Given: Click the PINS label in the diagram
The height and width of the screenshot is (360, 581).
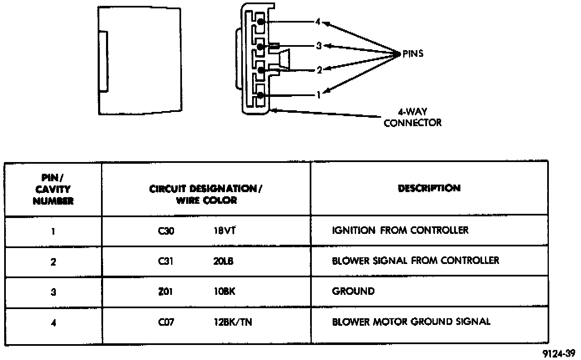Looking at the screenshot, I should (413, 54).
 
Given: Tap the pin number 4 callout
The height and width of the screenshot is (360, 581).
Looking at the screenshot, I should (318, 22).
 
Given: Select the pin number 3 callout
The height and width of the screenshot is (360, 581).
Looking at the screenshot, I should (319, 46).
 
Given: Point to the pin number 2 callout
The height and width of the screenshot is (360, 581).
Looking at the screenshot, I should (319, 70).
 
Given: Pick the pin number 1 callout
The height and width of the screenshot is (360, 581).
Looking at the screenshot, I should (318, 95).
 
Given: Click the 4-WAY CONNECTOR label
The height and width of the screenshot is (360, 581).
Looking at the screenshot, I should (412, 117).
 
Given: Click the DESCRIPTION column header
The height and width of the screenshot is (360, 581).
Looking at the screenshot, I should (429, 188).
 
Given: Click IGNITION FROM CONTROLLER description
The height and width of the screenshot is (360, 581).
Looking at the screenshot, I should (400, 230).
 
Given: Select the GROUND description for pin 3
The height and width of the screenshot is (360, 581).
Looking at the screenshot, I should (353, 292).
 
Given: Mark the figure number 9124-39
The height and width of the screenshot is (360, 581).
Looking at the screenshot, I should (561, 353).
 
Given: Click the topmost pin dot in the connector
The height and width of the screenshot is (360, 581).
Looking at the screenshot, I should (260, 21).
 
